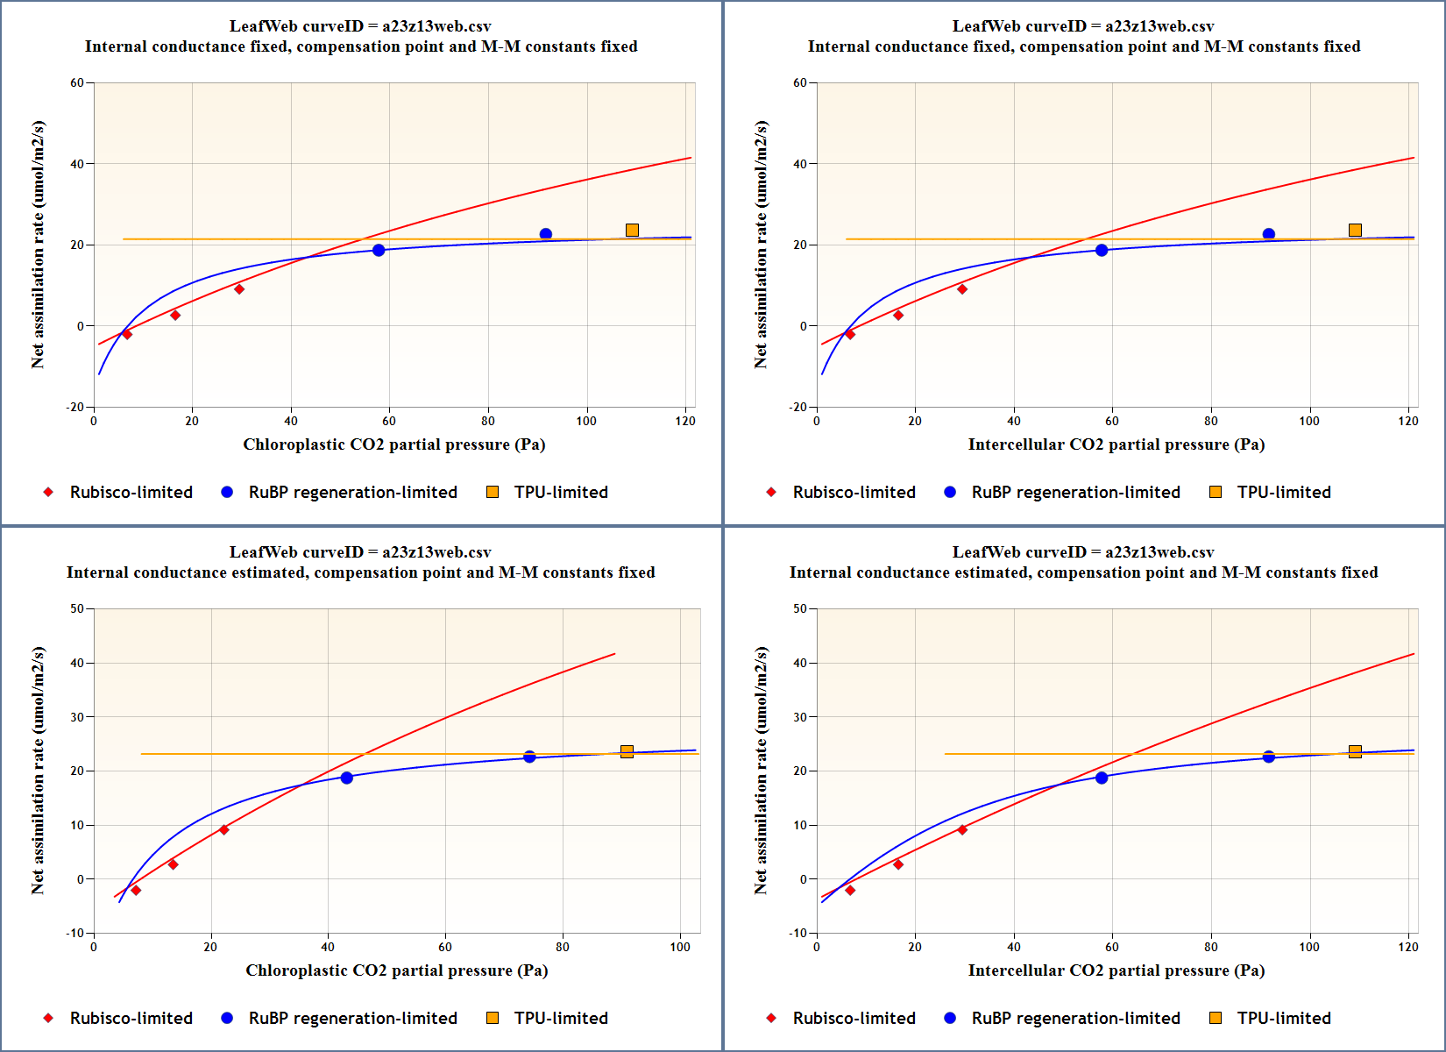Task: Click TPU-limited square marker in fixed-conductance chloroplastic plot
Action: click(x=632, y=231)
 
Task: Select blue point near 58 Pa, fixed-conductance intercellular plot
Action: click(x=1102, y=251)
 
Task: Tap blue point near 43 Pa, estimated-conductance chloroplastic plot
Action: click(x=347, y=778)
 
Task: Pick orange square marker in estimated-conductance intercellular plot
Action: click(x=1355, y=751)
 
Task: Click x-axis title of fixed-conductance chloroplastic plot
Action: click(x=394, y=444)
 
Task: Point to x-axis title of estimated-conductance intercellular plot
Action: click(x=1116, y=970)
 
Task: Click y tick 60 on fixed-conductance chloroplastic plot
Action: click(x=77, y=83)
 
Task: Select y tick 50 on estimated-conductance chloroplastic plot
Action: click(x=77, y=609)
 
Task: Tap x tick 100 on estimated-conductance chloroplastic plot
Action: click(x=680, y=947)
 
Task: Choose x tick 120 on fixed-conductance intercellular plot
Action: click(x=1408, y=421)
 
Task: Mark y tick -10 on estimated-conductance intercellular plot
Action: click(x=797, y=933)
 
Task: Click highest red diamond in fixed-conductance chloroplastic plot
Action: click(x=239, y=289)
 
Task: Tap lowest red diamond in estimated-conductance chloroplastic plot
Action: click(x=136, y=891)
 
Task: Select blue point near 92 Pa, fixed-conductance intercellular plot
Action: click(x=1269, y=234)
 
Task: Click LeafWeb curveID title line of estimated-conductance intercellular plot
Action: click(x=1083, y=552)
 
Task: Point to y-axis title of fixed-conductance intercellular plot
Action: click(x=761, y=245)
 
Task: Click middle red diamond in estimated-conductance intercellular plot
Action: click(x=898, y=864)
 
